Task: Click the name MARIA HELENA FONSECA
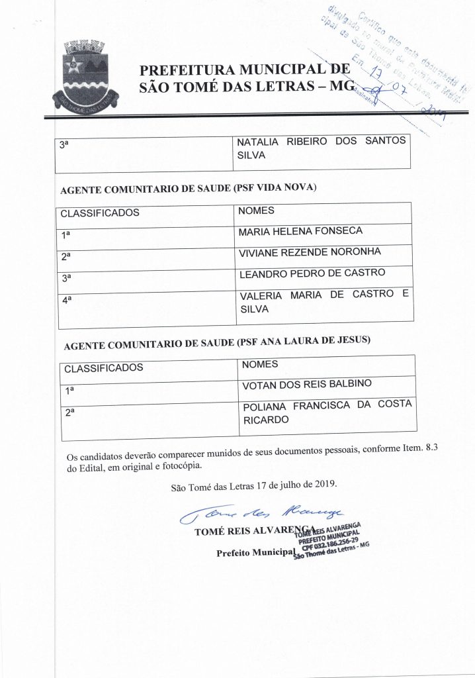pos(301,231)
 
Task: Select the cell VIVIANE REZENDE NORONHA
pos(310,252)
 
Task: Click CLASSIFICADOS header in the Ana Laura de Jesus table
pos(103,368)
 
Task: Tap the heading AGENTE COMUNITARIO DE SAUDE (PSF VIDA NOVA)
pos(189,188)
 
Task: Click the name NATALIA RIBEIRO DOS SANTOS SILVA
pos(322,149)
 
